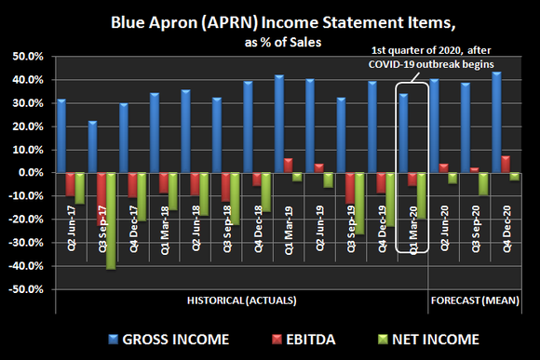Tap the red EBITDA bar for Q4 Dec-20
[506, 164]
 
